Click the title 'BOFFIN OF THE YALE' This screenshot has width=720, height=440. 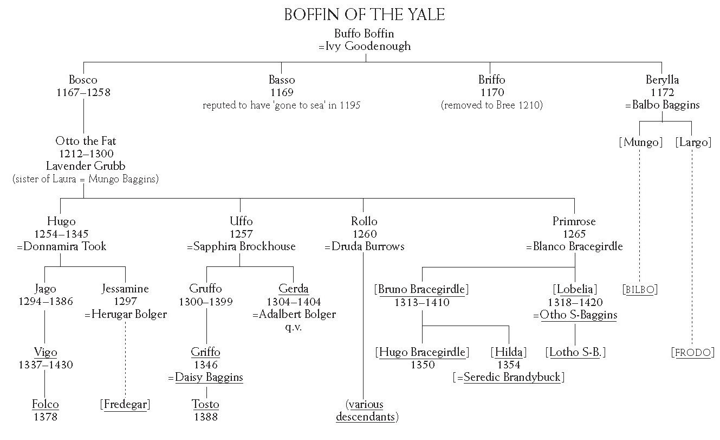(x=365, y=15)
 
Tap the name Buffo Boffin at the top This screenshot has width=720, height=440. (x=364, y=34)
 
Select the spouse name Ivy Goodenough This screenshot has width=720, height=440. (x=368, y=46)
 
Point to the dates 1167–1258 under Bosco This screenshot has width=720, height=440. (x=83, y=93)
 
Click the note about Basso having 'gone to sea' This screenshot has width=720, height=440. (x=281, y=105)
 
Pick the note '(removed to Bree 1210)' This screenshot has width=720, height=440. (x=492, y=105)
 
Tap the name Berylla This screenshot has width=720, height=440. (x=662, y=80)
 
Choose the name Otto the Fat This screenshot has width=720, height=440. (x=86, y=141)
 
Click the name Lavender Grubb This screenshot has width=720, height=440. (x=86, y=166)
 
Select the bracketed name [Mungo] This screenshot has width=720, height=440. (x=640, y=142)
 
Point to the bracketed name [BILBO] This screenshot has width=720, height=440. (x=640, y=290)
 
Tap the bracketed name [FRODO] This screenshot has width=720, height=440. (x=692, y=353)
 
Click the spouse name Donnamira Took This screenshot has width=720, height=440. (x=64, y=246)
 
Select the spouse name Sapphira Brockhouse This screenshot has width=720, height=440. (x=244, y=246)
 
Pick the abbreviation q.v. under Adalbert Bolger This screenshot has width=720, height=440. (x=293, y=327)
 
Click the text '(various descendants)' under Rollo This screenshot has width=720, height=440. (x=366, y=410)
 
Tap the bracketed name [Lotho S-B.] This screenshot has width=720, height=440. (x=575, y=353)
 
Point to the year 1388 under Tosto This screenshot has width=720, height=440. (x=206, y=417)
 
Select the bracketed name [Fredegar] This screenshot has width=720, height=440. (x=125, y=404)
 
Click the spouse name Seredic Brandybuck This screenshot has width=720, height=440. (x=512, y=377)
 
